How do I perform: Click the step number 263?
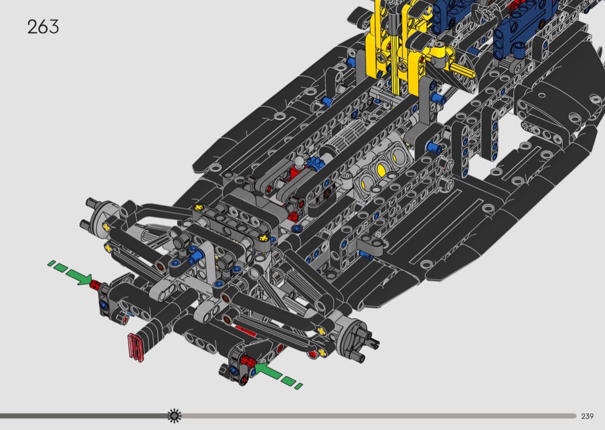(x=43, y=27)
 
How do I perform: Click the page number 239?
(x=587, y=416)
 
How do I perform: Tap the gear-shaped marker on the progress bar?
(x=174, y=416)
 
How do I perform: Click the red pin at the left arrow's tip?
(x=95, y=285)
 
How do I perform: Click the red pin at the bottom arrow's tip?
(x=247, y=361)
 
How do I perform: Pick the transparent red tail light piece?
(x=136, y=348)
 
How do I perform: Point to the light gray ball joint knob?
(x=298, y=161)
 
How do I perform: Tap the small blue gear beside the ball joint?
(x=312, y=163)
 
